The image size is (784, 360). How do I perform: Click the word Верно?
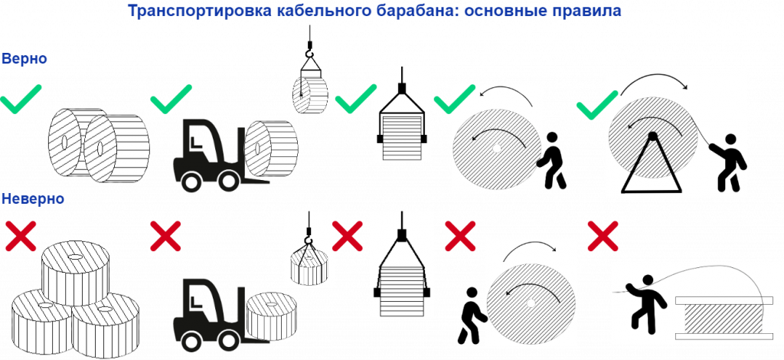24,59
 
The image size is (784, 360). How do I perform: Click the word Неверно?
32,199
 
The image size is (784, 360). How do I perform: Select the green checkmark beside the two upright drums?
21,100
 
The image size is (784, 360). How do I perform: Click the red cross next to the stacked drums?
20,235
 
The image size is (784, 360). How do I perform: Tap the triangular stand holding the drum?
652,164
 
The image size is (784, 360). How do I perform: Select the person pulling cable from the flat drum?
642,301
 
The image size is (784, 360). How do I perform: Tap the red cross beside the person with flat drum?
603,236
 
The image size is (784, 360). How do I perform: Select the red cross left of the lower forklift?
165,235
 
